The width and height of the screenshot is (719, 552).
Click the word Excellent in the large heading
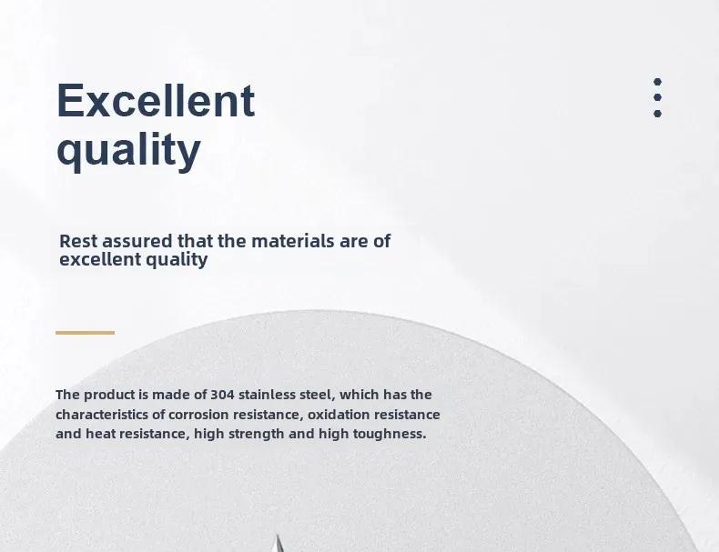(156, 100)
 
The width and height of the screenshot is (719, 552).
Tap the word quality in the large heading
(129, 151)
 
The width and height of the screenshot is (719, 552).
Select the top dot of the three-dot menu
(657, 82)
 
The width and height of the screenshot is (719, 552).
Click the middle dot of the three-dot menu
(657, 97)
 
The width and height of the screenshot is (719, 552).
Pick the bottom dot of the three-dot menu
(657, 113)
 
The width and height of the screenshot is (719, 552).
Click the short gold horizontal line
(85, 333)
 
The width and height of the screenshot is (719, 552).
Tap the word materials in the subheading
(292, 241)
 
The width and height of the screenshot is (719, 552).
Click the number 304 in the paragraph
(222, 395)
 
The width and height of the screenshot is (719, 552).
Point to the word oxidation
(339, 415)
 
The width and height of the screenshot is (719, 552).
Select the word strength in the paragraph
(256, 434)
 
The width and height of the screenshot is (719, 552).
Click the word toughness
(390, 434)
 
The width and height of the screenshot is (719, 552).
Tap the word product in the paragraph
(109, 395)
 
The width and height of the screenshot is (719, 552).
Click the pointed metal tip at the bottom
(277, 535)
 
